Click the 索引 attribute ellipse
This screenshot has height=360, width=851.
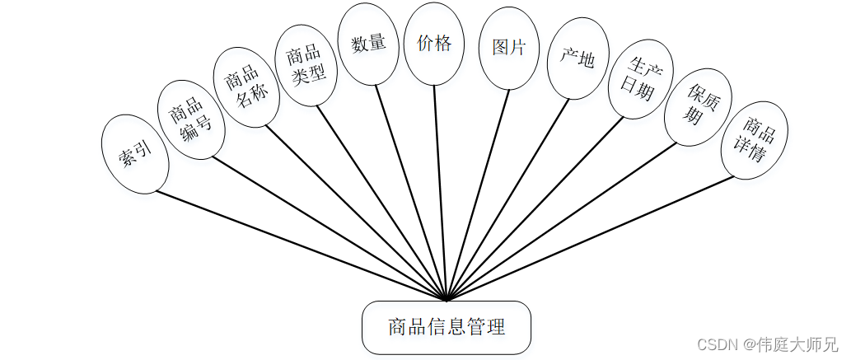136,154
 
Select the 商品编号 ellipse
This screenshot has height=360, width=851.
191,119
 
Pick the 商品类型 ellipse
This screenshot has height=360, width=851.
305,64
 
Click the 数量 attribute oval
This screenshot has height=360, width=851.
367,44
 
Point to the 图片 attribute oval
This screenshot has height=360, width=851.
508,48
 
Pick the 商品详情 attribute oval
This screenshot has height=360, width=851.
752,139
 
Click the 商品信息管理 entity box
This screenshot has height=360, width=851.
447,327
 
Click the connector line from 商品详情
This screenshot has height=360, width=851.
589,239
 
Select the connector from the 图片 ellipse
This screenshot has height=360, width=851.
478,194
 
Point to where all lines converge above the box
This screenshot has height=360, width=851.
446,299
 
